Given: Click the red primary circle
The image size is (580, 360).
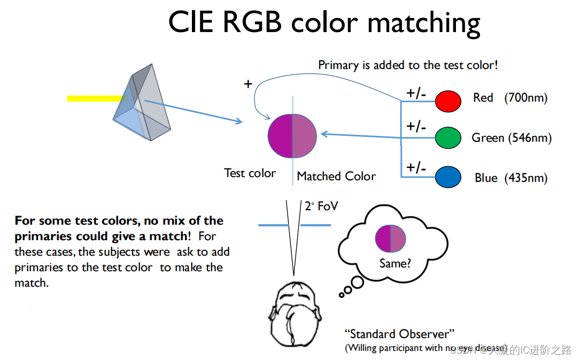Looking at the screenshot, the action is click(x=448, y=101).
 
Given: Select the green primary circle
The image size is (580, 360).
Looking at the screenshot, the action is click(x=448, y=137).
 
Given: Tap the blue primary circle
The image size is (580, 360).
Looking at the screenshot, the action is click(x=448, y=178).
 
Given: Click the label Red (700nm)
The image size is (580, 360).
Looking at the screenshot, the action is click(x=510, y=98).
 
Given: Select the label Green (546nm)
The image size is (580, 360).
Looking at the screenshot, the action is click(x=511, y=138).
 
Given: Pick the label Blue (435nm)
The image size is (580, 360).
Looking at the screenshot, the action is click(x=511, y=178).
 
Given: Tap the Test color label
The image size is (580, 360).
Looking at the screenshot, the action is click(x=250, y=173).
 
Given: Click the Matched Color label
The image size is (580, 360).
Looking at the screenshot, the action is click(x=336, y=176).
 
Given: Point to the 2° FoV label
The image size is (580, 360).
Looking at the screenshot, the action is click(x=321, y=206).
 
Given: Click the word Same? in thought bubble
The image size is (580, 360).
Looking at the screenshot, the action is click(x=395, y=263).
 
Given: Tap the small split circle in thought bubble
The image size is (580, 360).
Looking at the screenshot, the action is click(x=391, y=239).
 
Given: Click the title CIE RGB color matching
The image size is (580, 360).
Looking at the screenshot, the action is click(x=324, y=22).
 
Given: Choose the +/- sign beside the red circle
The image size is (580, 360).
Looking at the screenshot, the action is click(x=416, y=93).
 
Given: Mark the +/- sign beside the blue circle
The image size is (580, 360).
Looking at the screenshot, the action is click(x=416, y=167).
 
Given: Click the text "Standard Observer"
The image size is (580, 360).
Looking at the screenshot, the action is click(x=399, y=334).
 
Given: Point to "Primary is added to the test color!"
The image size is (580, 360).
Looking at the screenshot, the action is click(x=408, y=65).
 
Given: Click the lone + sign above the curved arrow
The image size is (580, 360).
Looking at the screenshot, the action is click(x=248, y=84).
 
